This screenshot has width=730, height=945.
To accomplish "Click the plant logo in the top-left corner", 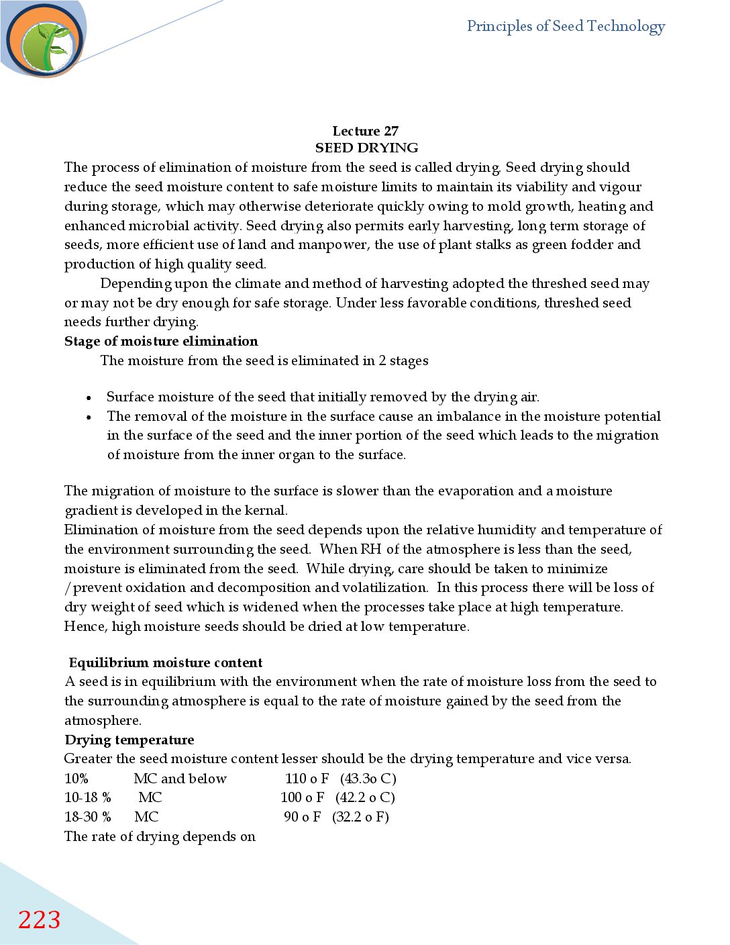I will [x=45, y=40].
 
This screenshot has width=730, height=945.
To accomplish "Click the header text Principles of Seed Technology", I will [x=566, y=27].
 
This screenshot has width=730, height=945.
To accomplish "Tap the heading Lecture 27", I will [x=365, y=131].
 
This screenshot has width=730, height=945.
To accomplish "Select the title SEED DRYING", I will [x=366, y=148].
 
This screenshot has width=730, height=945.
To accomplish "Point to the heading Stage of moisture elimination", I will [x=161, y=341].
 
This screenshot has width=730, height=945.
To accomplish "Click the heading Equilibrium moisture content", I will [x=166, y=662].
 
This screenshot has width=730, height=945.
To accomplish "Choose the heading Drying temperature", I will [x=129, y=740].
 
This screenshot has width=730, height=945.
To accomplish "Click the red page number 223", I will [x=39, y=919].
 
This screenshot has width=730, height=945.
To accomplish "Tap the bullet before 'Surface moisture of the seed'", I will [x=89, y=398].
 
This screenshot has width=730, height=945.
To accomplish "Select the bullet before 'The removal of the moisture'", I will [x=89, y=417].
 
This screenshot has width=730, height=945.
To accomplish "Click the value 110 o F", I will [x=307, y=779].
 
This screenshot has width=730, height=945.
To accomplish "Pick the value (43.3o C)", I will [x=368, y=779].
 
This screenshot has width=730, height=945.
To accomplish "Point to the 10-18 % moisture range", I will [x=87, y=797].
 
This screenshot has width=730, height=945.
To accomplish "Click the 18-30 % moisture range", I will [x=87, y=817].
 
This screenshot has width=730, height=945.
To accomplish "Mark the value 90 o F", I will [x=302, y=817].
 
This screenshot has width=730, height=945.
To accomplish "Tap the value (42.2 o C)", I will [x=365, y=797].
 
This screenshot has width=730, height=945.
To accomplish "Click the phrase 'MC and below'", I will [x=180, y=779].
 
